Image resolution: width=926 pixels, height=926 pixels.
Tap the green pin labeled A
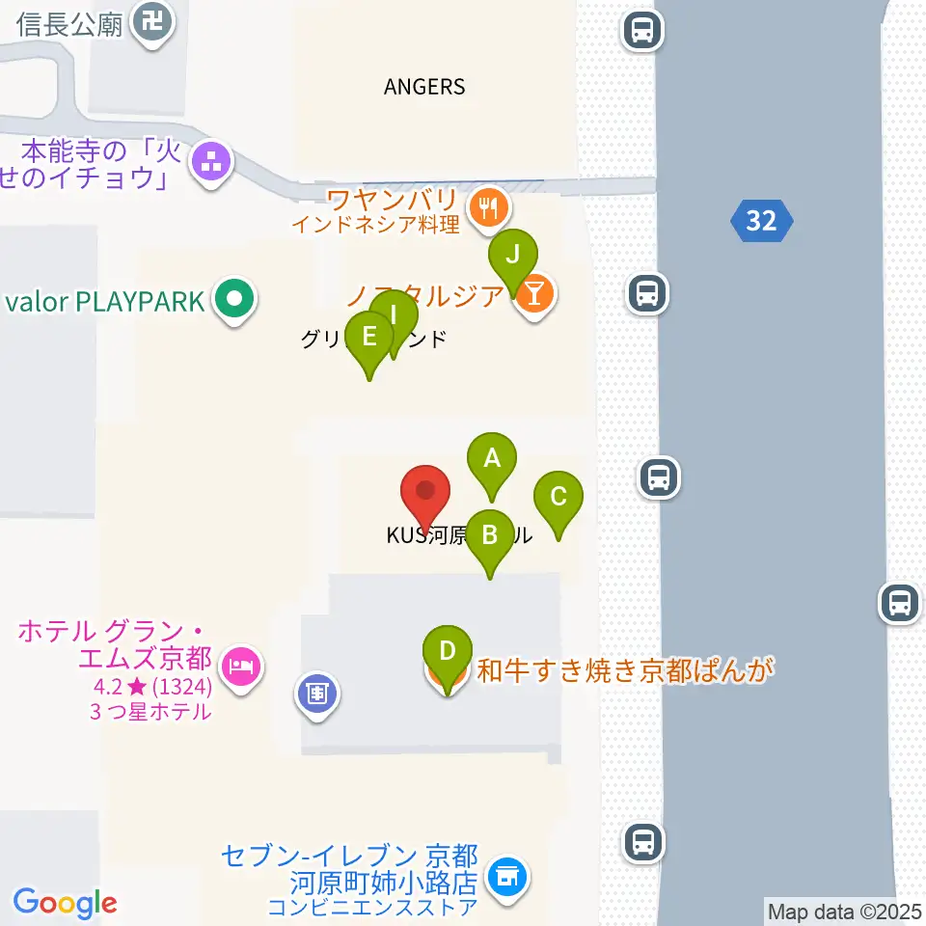492,458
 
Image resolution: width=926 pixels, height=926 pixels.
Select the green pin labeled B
490,534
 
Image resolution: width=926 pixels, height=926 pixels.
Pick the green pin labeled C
558,498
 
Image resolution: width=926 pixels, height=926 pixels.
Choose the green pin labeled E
368,338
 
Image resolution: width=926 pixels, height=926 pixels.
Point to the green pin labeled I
394,315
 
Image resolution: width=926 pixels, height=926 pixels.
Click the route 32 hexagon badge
761,221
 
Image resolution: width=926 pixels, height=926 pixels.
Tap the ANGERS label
424,87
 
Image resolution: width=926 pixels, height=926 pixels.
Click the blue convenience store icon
507,877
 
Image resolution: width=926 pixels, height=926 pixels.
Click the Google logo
65,903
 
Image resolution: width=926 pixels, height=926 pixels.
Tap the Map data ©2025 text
844,911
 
